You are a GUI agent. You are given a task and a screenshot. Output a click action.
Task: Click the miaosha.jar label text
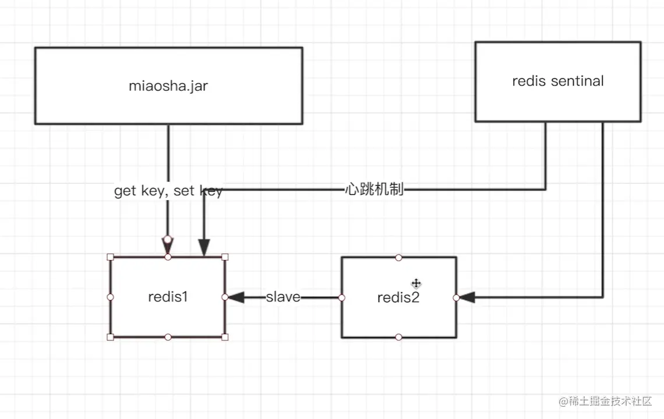pyautogui.click(x=168, y=86)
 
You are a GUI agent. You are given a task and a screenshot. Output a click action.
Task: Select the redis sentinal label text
pyautogui.click(x=558, y=81)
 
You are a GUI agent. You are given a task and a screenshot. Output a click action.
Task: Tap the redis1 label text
pyautogui.click(x=168, y=297)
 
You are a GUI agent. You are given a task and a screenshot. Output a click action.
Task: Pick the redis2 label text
pyautogui.click(x=398, y=297)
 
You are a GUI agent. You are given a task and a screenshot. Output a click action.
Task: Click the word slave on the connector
pyautogui.click(x=283, y=297)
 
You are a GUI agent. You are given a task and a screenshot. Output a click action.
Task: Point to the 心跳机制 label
pyautogui.click(x=375, y=189)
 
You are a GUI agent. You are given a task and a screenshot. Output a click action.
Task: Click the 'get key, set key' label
pyautogui.click(x=168, y=191)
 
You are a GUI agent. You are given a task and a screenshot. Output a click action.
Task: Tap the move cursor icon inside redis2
pyautogui.click(x=416, y=283)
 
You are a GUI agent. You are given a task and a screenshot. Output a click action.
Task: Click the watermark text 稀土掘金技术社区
pyautogui.click(x=610, y=401)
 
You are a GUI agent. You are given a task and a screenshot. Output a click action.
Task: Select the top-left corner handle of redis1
pyautogui.click(x=111, y=257)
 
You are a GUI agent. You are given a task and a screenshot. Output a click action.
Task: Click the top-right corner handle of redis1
pyautogui.click(x=225, y=257)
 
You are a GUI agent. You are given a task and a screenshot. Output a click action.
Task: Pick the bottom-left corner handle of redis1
pyautogui.click(x=111, y=337)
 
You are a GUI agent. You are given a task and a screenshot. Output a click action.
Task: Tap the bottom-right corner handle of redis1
pyautogui.click(x=225, y=337)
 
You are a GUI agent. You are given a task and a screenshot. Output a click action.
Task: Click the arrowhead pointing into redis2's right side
pyautogui.click(x=466, y=297)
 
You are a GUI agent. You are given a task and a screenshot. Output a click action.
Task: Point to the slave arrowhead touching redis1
pyautogui.click(x=236, y=297)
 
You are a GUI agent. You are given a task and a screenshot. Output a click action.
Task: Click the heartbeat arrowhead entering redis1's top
pyautogui.click(x=204, y=247)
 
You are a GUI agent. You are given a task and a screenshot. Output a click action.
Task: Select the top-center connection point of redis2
pyautogui.click(x=398, y=257)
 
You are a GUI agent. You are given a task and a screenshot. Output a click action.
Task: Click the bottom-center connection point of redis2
pyautogui.click(x=398, y=337)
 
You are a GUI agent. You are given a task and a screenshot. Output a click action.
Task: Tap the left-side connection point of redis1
pyautogui.click(x=111, y=297)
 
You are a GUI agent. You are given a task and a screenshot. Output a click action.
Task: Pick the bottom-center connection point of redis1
pyautogui.click(x=168, y=337)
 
